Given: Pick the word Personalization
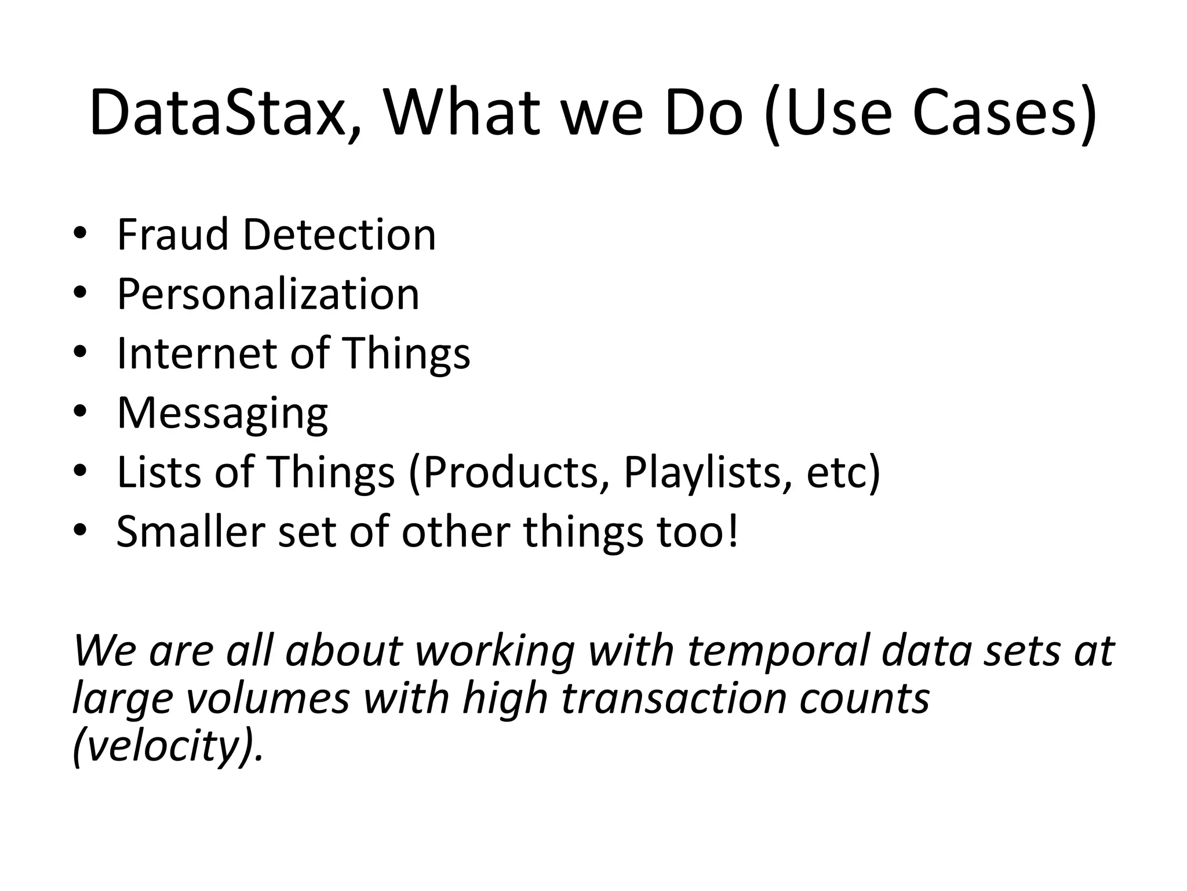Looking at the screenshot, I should pos(268,295).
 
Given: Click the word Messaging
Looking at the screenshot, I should pos(223,414).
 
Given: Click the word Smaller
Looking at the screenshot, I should pos(191,531).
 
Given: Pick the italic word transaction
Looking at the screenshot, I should pos(673,697).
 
